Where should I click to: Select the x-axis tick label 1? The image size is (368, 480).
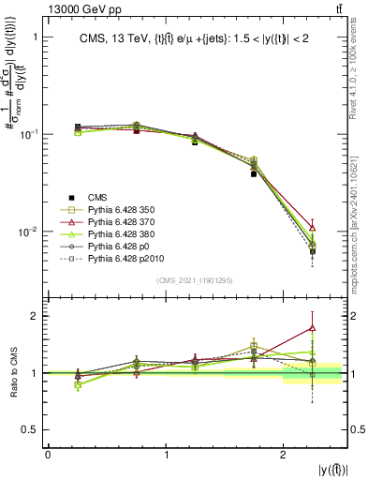click(x=166, y=454)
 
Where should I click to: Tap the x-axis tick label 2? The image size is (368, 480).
click(x=284, y=454)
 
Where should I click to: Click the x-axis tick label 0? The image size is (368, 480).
click(x=48, y=454)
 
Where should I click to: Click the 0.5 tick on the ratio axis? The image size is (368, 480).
click(x=33, y=429)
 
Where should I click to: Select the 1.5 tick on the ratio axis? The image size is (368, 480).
click(x=33, y=344)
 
